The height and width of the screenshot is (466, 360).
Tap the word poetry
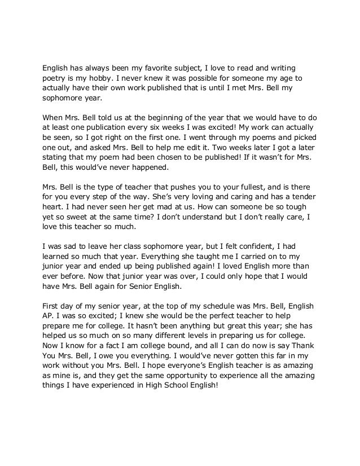click(56, 78)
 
